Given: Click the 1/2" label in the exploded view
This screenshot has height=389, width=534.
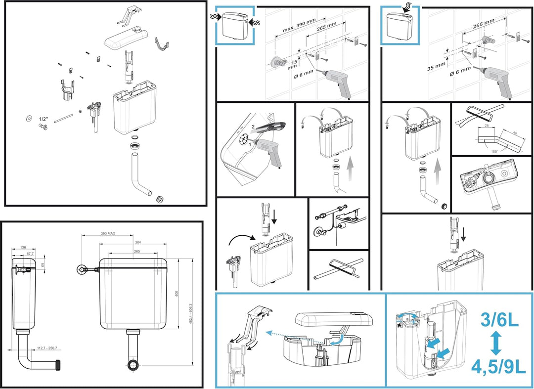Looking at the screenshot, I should tap(43, 119).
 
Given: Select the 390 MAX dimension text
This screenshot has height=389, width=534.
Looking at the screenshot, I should tap(107, 233).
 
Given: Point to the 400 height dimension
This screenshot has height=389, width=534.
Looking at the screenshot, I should tap(177, 294).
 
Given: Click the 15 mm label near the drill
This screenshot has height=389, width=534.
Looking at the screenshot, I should tap(294, 65).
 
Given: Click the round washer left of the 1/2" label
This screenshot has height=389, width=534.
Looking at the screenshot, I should tap(29, 119).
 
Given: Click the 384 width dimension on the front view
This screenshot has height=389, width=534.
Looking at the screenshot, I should tap(137, 242).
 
